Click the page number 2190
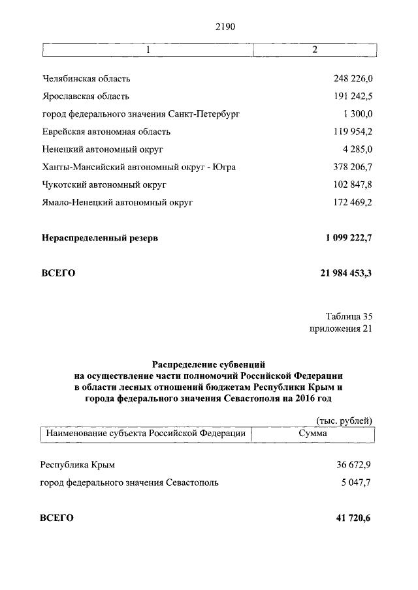[224, 27]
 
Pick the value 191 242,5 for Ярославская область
[353, 96]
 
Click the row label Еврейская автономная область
[105, 132]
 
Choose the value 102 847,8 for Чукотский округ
[353, 184]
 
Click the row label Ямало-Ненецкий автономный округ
[118, 203]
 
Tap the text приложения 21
[341, 329]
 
